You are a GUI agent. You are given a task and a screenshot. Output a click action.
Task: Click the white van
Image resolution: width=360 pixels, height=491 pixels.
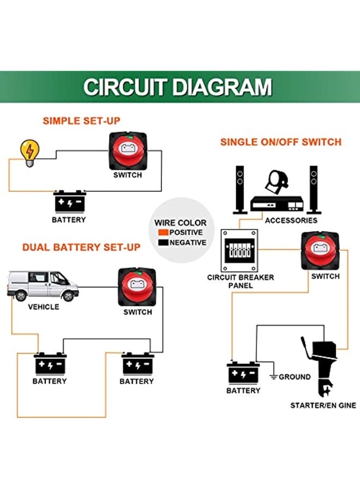coord(43,285)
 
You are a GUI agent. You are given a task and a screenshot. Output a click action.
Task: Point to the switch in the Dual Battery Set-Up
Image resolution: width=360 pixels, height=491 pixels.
coord(137,288)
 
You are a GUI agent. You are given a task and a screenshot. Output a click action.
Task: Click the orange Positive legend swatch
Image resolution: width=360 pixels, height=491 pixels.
coord(162,232)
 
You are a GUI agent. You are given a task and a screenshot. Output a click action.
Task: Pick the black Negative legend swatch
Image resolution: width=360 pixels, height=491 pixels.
coord(162,243)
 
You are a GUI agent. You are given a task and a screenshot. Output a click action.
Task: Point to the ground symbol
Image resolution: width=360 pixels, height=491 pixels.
coord(274,376)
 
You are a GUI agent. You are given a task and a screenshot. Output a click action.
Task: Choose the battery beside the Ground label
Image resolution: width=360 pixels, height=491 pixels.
coord(243,373)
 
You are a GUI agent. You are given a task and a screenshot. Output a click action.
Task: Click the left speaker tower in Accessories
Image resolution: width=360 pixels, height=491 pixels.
coord(240,189)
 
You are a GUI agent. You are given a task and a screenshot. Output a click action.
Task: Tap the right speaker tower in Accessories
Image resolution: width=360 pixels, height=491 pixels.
coord(314,189)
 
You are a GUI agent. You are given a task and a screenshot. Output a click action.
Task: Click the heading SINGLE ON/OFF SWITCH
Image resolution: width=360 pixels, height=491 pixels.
coord(280,142)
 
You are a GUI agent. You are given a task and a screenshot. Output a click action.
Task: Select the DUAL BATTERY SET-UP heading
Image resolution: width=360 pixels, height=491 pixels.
coord(81,247)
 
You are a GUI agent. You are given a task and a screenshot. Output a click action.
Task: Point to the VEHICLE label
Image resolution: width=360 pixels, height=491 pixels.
coord(43,307)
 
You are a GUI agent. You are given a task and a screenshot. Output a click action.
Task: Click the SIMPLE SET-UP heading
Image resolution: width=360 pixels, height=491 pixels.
coord(81,121)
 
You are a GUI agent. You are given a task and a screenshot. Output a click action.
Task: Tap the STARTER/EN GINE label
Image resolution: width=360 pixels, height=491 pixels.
coord(323,405)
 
